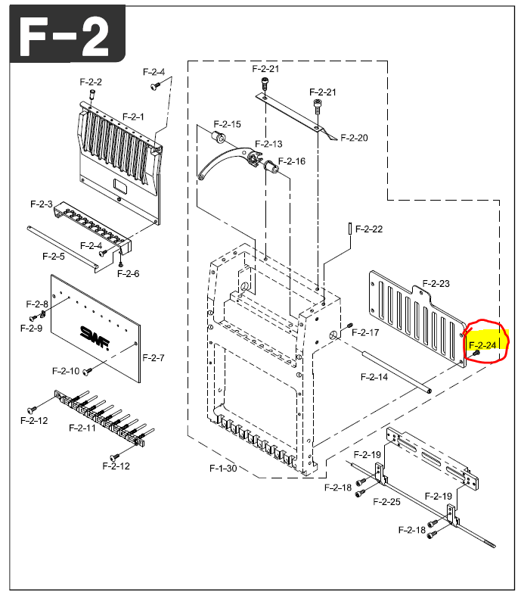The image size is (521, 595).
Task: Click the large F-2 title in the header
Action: (x=64, y=34)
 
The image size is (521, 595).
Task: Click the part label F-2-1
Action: (x=133, y=117)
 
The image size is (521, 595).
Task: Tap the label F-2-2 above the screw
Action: (x=91, y=82)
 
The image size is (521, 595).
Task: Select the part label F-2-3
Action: (x=42, y=204)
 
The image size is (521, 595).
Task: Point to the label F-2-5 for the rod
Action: (x=53, y=256)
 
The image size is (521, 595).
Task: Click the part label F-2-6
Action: (x=129, y=273)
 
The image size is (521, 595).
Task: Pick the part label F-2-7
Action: (x=153, y=357)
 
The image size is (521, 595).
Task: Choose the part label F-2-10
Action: (x=66, y=371)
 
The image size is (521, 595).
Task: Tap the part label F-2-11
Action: (x=82, y=428)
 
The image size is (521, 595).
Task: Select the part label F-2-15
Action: (x=227, y=124)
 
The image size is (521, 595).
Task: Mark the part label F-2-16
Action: (x=291, y=161)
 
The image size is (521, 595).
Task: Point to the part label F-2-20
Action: (x=354, y=138)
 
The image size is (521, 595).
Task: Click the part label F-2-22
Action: (x=369, y=229)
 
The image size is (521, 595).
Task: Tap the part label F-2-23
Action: (x=436, y=283)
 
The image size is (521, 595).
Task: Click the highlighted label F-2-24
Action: (x=485, y=345)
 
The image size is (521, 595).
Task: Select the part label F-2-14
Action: (x=374, y=376)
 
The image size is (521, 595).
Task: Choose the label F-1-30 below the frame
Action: (x=223, y=469)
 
